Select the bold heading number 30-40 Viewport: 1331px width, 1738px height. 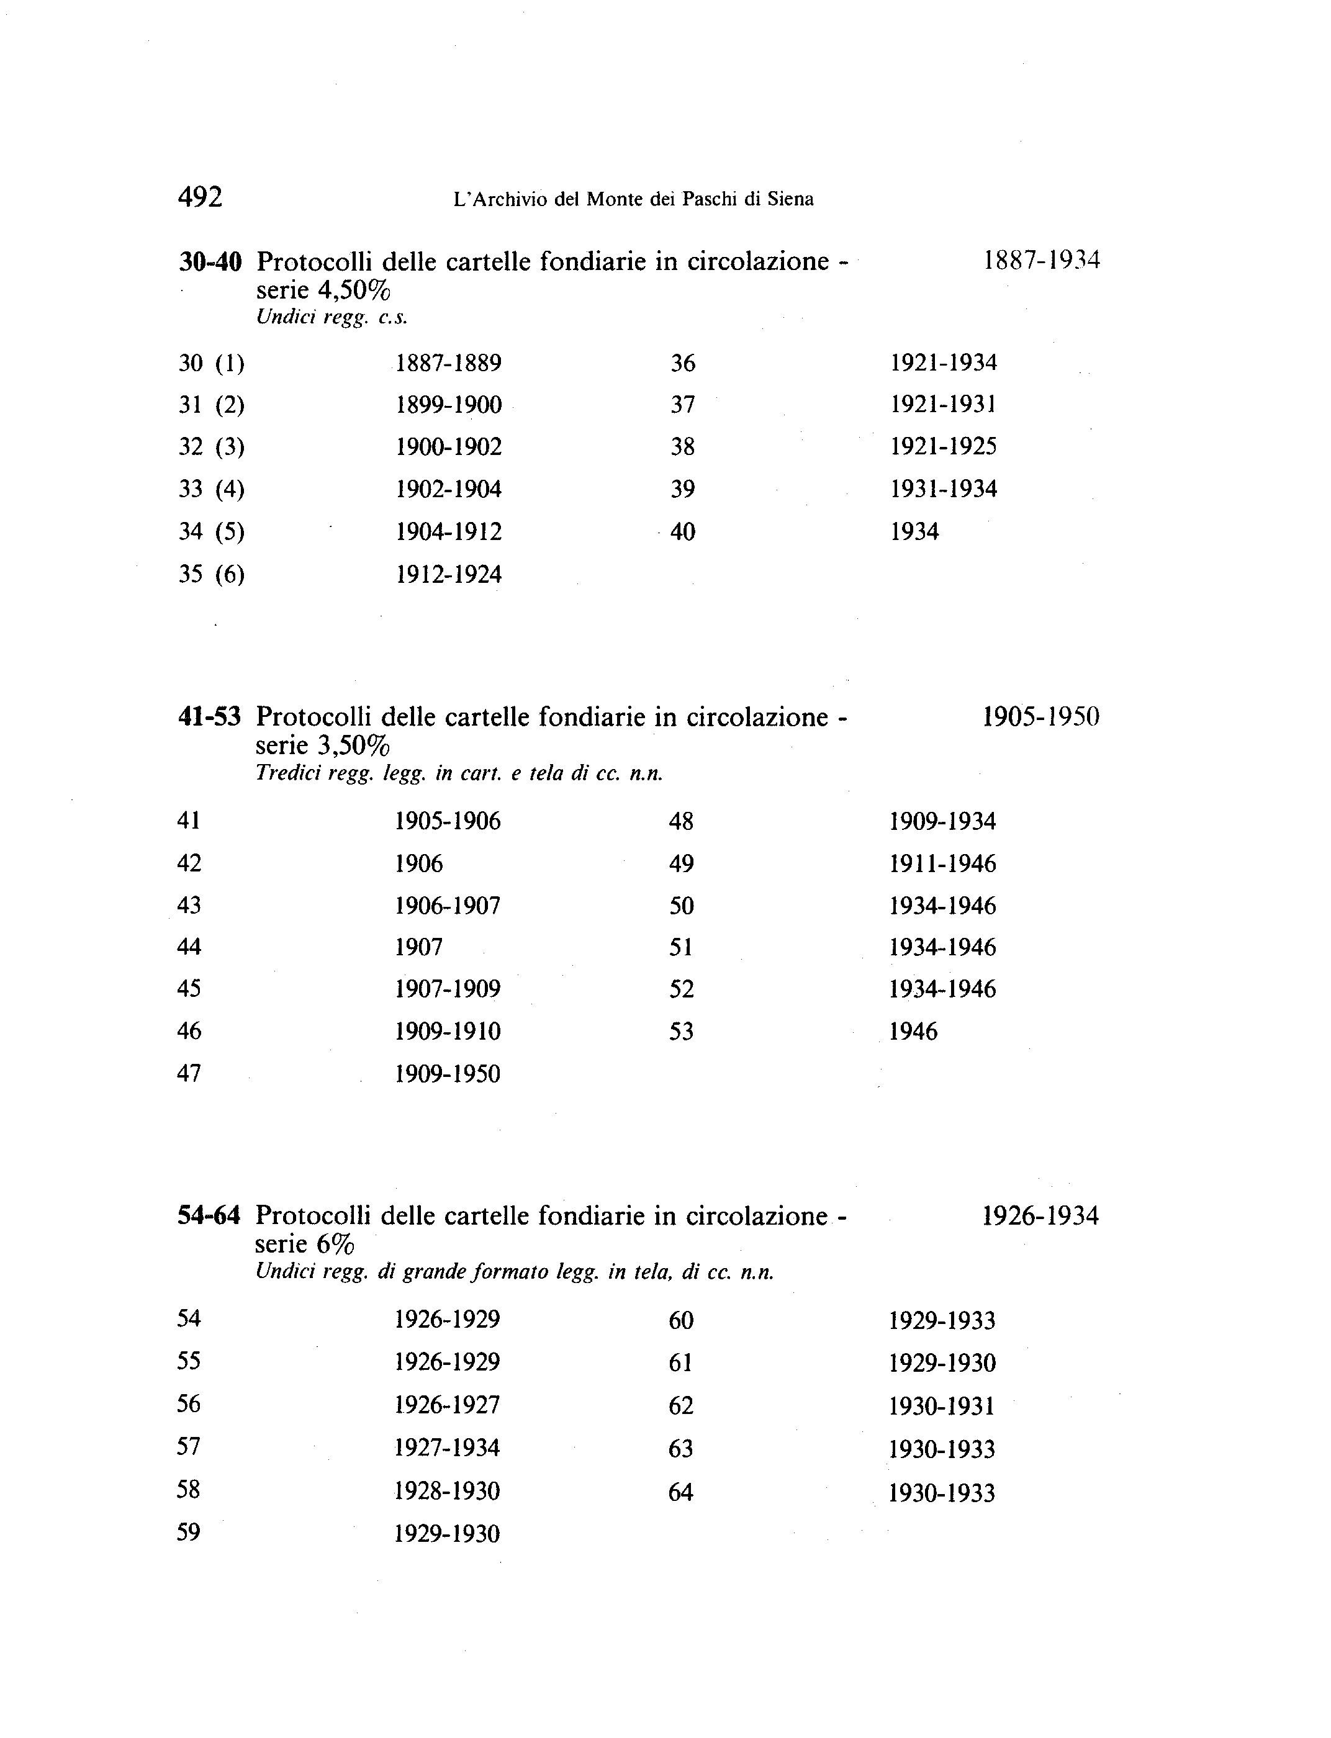coord(210,261)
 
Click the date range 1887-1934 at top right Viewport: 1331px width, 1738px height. coord(1041,260)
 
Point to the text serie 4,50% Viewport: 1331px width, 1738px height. coord(323,290)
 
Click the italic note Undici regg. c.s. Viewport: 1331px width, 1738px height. coord(331,318)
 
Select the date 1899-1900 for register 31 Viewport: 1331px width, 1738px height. coord(448,405)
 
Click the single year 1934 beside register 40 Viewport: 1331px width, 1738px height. coord(914,531)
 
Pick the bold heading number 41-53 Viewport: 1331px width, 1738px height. coord(209,717)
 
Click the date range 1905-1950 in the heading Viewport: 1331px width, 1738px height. coord(1040,717)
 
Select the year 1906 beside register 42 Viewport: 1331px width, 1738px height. coord(418,863)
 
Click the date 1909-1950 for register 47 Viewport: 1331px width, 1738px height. coord(448,1074)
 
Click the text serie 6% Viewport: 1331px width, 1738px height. coord(304,1245)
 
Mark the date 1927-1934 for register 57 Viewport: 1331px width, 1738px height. coord(447,1448)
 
